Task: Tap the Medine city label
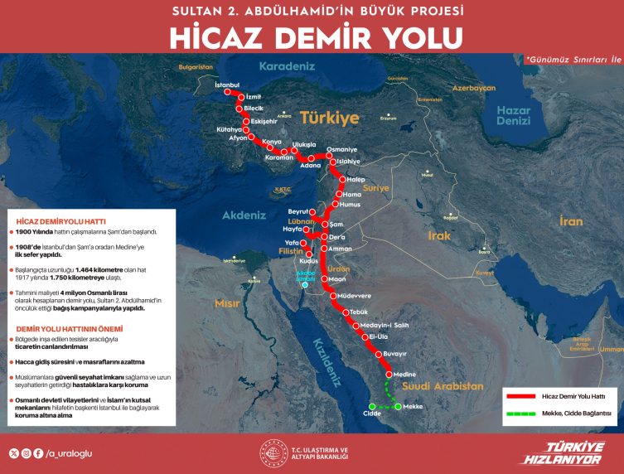[406, 374]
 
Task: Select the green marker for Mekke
[397, 407]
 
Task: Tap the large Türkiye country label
[330, 118]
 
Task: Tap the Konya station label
[272, 141]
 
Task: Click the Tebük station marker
[347, 312]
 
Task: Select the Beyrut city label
[297, 211]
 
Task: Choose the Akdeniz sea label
[244, 215]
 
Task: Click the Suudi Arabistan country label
[444, 386]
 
